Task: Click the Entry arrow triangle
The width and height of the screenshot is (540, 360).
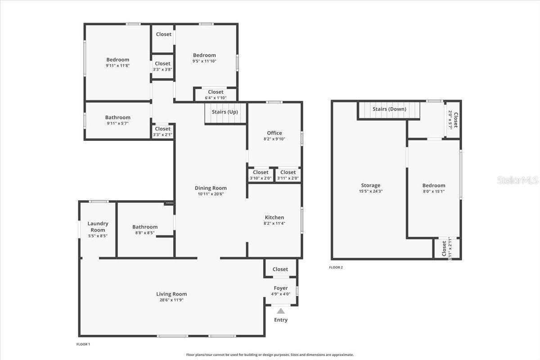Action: pos(281,310)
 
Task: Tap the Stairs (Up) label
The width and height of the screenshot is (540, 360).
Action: pos(225,112)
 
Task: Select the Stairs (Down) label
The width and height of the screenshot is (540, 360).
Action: pos(389,109)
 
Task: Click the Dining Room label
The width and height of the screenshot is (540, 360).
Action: pos(211,188)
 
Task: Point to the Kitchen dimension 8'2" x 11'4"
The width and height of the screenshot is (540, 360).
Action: pos(274,223)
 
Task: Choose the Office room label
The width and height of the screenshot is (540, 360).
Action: pos(274,133)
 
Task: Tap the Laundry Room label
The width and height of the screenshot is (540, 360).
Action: pos(98,227)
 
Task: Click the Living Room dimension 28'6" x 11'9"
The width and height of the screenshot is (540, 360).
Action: pos(171,300)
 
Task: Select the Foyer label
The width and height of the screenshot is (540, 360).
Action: pos(281,288)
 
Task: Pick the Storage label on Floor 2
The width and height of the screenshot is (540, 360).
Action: pos(370,185)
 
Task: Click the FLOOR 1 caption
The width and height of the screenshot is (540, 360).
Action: pos(83,344)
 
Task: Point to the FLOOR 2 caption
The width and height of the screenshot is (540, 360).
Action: pos(336,267)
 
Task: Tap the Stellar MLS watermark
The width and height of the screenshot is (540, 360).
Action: pos(517,180)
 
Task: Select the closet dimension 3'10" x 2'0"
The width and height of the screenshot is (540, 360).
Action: pos(261,178)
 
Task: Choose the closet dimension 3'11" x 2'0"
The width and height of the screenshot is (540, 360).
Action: pos(288,178)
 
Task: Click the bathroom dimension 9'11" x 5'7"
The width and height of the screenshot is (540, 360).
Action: pos(117,123)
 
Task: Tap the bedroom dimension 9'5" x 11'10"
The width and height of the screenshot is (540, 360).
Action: pos(204,61)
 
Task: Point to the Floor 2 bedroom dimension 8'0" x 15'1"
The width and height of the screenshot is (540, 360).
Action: pos(434,191)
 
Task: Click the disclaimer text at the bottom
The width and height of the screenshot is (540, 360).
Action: pos(270,355)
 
